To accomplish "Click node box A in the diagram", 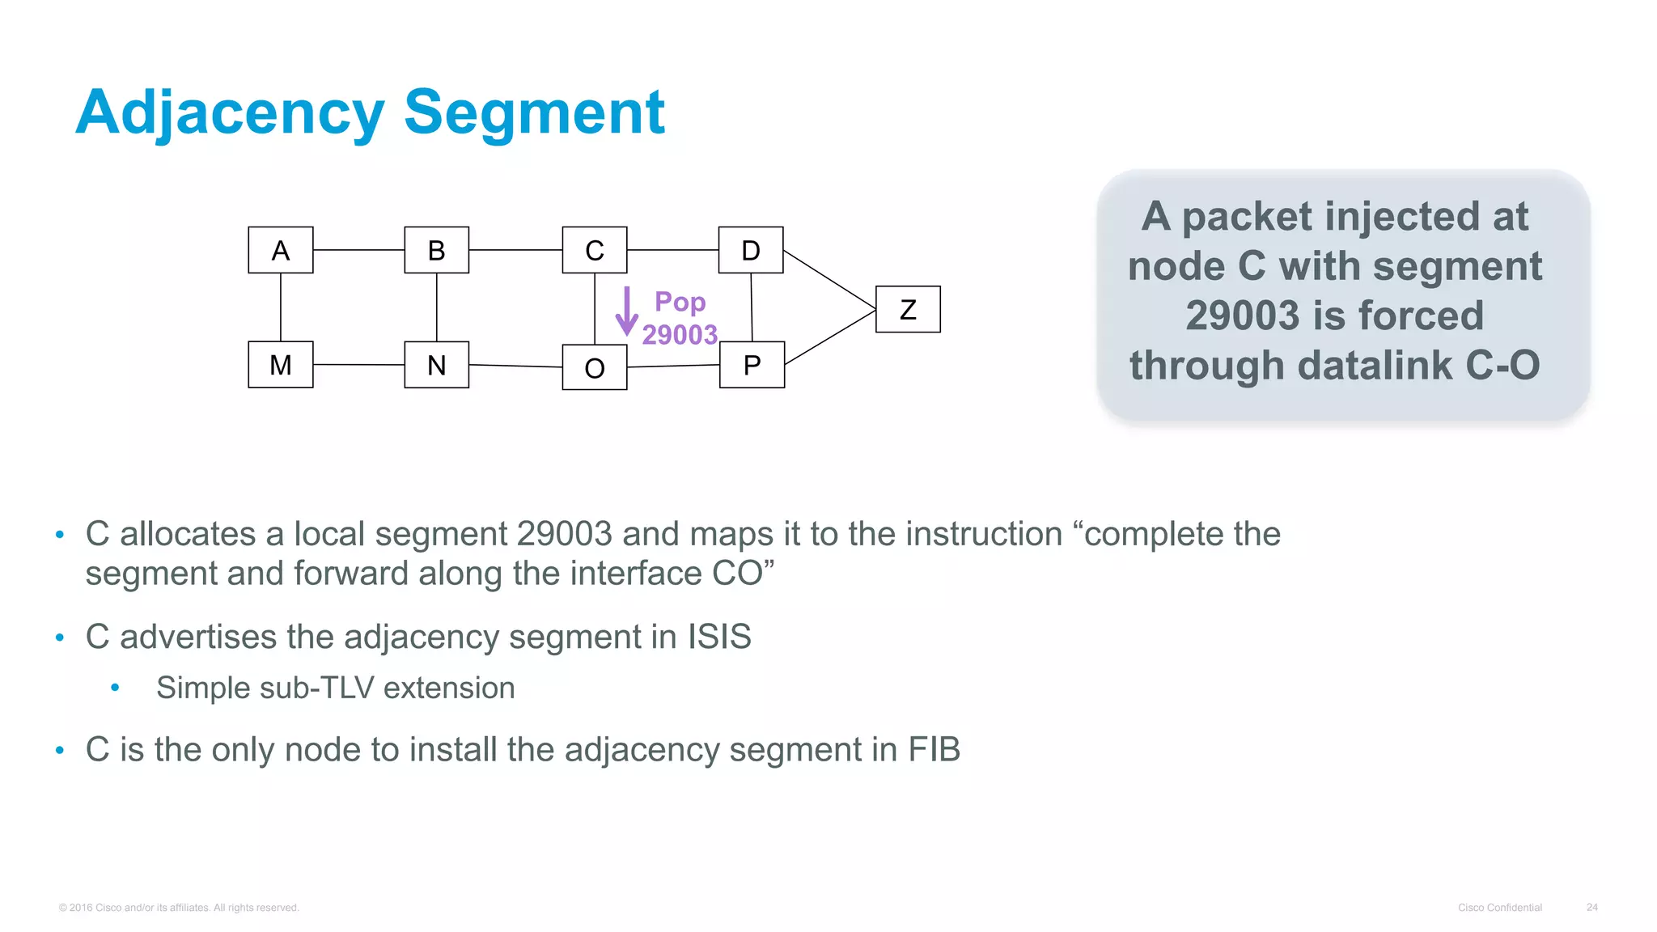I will pos(280,250).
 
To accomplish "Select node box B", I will pos(436,250).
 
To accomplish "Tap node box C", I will pos(594,250).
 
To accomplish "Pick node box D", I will pos(751,250).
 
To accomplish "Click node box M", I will pos(280,365).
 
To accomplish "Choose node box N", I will pos(436,365).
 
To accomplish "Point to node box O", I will pos(594,367).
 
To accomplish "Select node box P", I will pos(752,365).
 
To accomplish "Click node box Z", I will pos(908,309).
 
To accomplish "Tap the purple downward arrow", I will pos(626,311).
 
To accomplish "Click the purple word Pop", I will pos(680,302).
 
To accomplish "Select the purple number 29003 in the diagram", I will pos(680,334).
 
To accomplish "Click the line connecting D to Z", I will pos(829,279).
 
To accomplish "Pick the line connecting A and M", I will pos(281,307).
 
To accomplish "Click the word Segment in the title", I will pos(534,112).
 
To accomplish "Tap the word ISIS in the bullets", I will pos(719,637).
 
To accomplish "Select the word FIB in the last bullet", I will pos(934,749).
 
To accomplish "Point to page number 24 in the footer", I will pos(1591,908).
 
